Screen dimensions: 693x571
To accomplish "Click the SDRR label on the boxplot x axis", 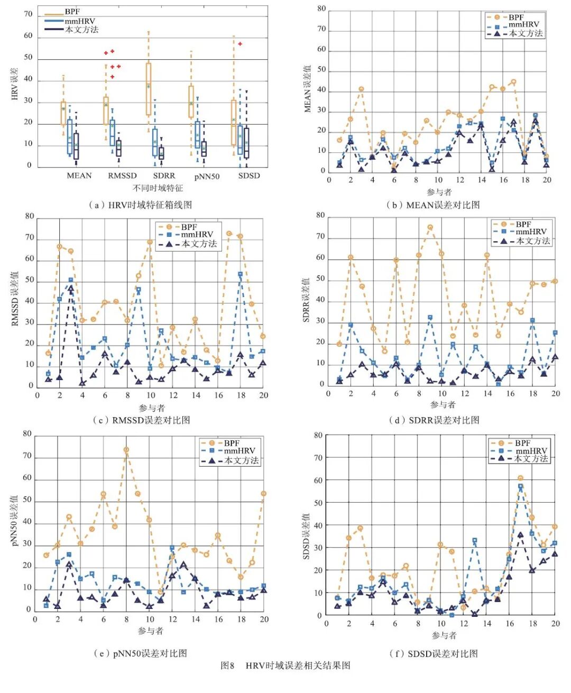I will click(x=164, y=176).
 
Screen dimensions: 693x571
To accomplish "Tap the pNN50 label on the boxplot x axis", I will click(x=207, y=177).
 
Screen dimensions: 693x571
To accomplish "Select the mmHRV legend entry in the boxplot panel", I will click(x=79, y=21).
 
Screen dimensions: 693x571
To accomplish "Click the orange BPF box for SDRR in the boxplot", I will click(x=149, y=89).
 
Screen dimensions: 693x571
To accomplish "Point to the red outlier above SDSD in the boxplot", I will click(x=240, y=44).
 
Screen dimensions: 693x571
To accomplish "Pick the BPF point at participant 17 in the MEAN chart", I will click(x=513, y=82).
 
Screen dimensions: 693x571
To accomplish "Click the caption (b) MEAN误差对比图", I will click(x=433, y=205).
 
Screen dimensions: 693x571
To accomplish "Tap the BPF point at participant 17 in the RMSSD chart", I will click(x=229, y=233).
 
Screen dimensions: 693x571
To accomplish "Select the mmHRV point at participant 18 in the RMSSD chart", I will click(x=240, y=274).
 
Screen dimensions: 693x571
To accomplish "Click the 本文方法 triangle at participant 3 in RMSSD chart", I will click(x=70, y=288).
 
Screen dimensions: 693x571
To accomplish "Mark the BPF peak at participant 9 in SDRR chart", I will click(x=430, y=227).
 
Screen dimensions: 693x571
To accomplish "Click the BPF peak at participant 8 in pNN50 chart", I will click(x=126, y=450).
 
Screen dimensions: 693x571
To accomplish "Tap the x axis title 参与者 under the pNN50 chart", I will click(x=151, y=631).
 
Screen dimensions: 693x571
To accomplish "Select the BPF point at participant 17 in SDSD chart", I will click(x=520, y=478).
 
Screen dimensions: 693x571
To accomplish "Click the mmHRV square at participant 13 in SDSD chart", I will click(x=475, y=541).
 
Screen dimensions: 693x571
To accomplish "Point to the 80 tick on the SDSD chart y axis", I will click(x=318, y=436).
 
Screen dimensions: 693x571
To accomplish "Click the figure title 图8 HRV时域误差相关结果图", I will click(x=285, y=666).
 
